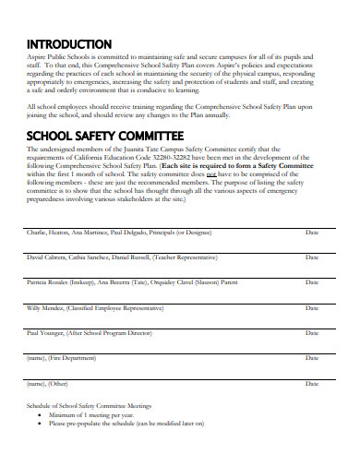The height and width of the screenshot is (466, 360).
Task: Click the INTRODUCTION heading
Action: tap(69, 44)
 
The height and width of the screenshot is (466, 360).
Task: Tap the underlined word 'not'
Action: tap(238, 173)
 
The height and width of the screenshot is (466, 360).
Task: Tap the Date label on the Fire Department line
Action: tap(312, 356)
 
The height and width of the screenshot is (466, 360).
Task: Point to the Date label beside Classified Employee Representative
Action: tap(312, 306)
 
